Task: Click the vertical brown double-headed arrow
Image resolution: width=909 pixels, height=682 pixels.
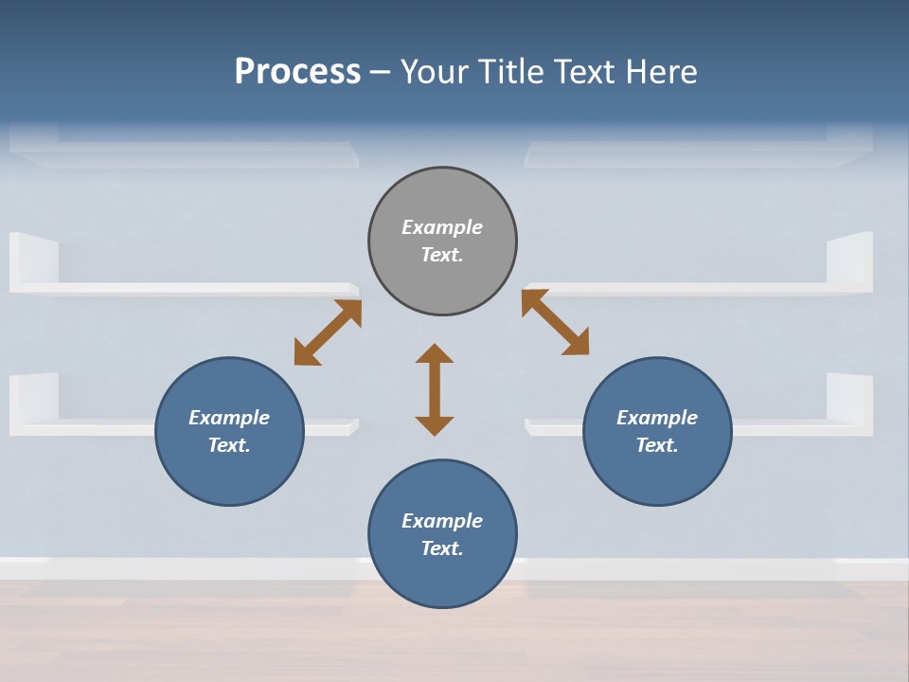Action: [435, 389]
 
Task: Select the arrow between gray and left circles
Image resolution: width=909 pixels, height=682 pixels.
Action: [328, 332]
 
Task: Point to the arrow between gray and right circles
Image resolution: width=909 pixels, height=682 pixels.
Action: [556, 323]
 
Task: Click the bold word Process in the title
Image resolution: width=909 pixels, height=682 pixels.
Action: [297, 72]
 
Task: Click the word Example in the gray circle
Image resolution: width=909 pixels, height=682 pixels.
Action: [442, 227]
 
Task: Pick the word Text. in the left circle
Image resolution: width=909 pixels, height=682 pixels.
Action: [229, 445]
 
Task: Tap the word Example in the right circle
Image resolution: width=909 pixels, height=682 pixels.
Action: [657, 418]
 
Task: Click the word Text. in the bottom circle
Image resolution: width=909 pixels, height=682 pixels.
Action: [442, 548]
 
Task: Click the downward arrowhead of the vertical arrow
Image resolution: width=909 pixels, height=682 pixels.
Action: [435, 425]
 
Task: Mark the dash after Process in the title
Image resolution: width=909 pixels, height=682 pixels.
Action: [381, 72]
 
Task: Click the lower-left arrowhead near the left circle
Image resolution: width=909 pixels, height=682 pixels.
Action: [305, 354]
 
